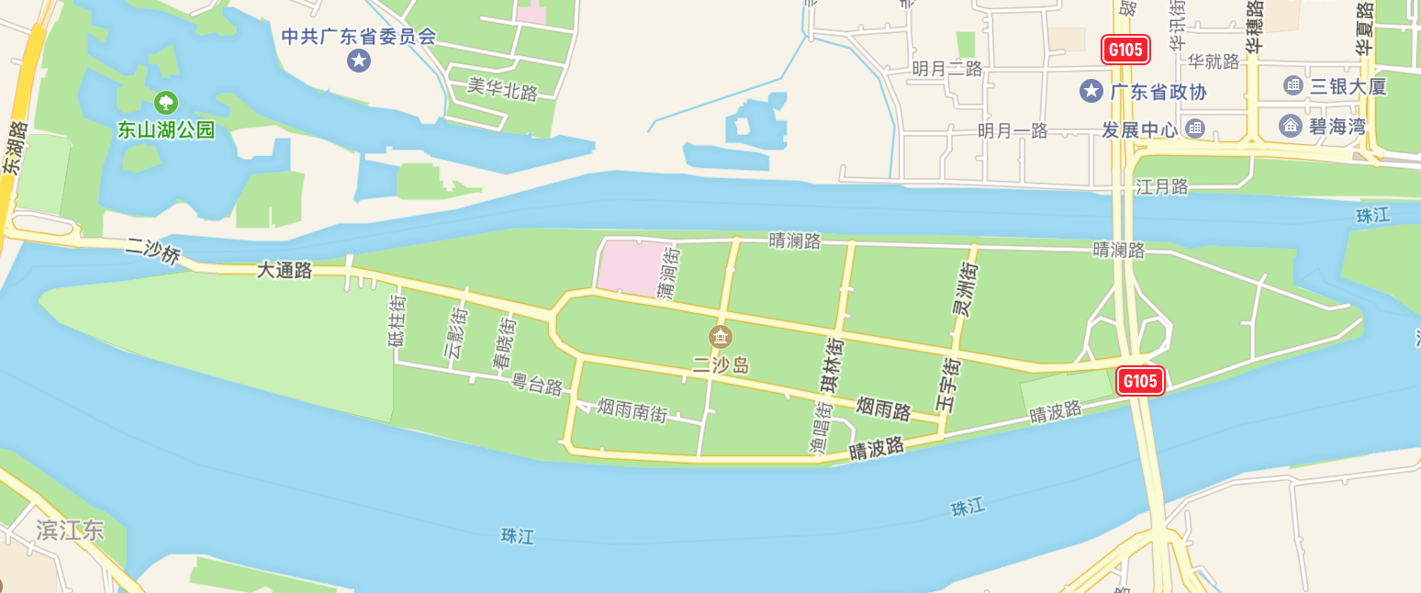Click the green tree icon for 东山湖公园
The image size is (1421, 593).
click(x=166, y=102)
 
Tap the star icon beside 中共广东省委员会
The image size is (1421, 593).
click(x=358, y=62)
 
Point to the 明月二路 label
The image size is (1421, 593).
click(x=947, y=69)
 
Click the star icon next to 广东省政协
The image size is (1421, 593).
click(x=1091, y=91)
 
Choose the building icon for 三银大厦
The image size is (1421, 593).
click(x=1293, y=85)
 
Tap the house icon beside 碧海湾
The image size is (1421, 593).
click(x=1291, y=126)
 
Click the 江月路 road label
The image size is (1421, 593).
click(x=1162, y=187)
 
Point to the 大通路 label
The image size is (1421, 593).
click(x=284, y=271)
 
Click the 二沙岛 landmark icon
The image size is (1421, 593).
click(x=721, y=337)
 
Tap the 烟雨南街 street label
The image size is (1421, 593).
click(x=632, y=409)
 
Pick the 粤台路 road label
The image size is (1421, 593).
click(x=537, y=385)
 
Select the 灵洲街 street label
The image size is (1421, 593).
click(x=965, y=289)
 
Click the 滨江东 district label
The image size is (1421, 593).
click(x=70, y=530)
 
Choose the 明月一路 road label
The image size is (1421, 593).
click(x=1013, y=131)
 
